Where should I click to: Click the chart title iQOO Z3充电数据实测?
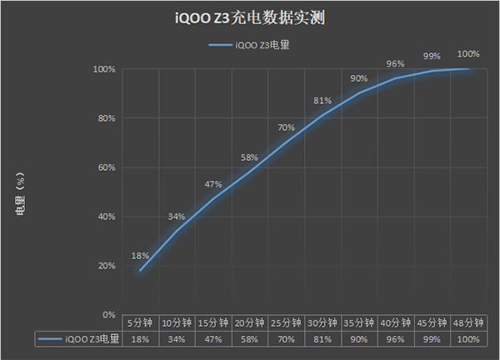click(x=249, y=16)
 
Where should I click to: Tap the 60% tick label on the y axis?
click(x=104, y=167)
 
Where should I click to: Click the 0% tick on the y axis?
click(x=107, y=315)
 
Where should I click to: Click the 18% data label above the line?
click(x=139, y=256)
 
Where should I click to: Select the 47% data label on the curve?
click(x=212, y=184)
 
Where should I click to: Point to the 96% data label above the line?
click(x=395, y=63)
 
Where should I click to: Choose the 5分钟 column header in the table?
click(x=139, y=322)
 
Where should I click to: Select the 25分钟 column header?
click(x=286, y=322)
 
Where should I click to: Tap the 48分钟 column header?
click(x=467, y=322)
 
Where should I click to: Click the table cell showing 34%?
click(x=176, y=338)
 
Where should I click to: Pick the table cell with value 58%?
click(x=249, y=338)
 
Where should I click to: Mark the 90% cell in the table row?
click(x=358, y=338)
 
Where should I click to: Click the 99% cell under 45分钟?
click(x=432, y=338)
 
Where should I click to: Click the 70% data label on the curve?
click(x=286, y=127)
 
